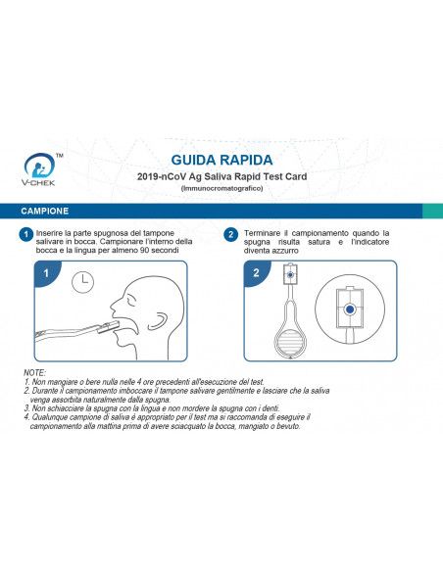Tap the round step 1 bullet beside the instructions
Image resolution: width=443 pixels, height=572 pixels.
[x=25, y=235]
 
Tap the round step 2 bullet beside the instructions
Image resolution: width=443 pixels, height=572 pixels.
[x=230, y=235]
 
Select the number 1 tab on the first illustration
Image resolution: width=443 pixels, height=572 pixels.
[x=45, y=273]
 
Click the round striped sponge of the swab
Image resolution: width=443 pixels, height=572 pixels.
[x=292, y=343]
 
